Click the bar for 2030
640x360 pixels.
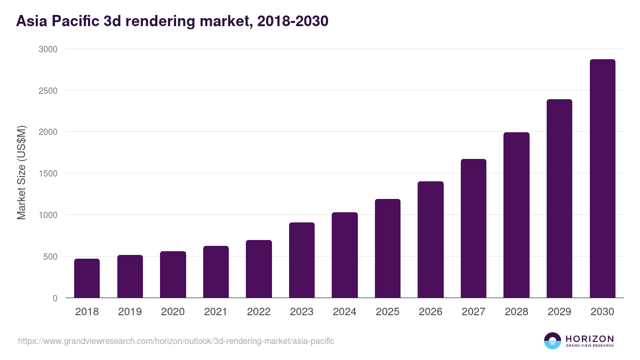point(602,179)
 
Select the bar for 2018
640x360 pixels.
point(87,278)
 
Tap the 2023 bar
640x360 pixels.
point(301,260)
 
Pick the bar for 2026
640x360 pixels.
point(430,239)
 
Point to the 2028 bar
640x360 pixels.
point(516,215)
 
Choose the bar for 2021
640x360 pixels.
point(215,271)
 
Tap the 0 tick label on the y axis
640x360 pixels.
point(55,298)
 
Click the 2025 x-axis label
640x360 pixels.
point(387,312)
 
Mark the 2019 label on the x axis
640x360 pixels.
point(130,312)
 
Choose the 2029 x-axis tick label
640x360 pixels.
point(559,312)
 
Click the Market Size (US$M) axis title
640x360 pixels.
point(21,172)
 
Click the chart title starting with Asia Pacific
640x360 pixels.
point(172,21)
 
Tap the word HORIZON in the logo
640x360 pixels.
point(589,339)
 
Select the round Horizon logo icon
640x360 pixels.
point(553,341)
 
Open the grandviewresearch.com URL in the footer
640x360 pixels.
point(176,341)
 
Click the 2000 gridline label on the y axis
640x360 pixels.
point(47,132)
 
